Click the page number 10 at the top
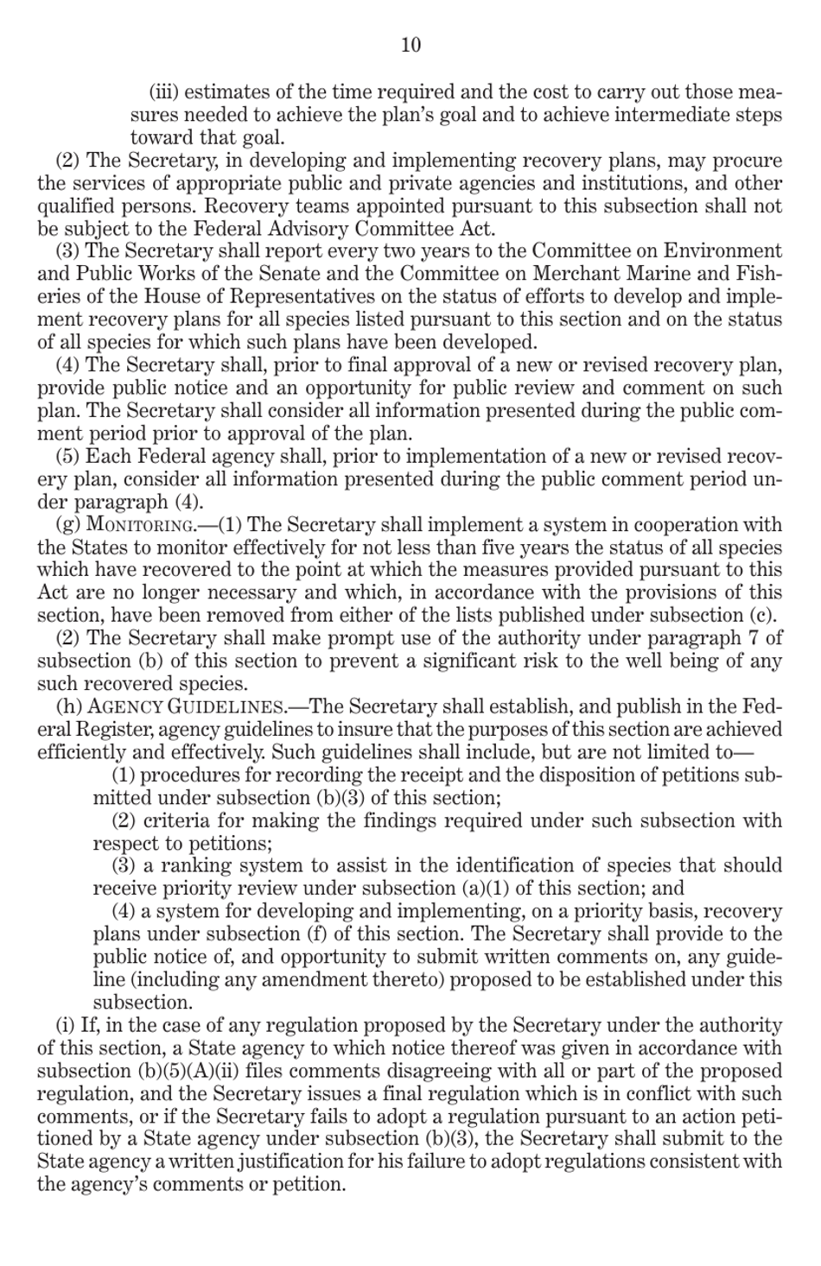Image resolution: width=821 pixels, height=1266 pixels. pos(410,45)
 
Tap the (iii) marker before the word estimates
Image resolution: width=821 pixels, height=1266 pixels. pos(164,92)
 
